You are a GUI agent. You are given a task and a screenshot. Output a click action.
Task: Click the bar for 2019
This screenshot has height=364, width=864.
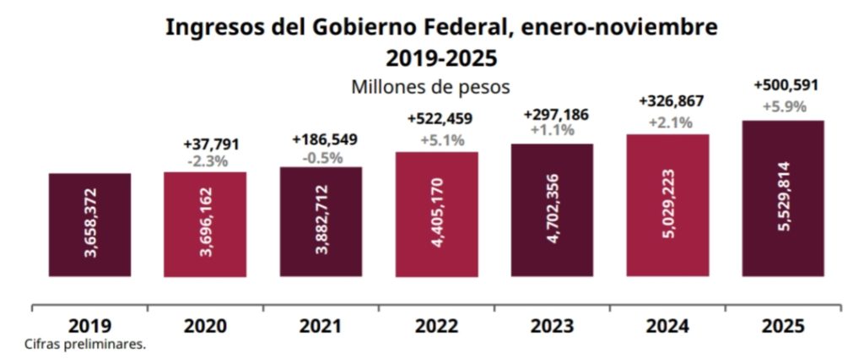click(89, 225)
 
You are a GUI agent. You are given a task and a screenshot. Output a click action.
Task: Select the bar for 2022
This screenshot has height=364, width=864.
click(437, 214)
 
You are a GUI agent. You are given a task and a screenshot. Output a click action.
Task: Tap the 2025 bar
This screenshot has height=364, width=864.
click(783, 198)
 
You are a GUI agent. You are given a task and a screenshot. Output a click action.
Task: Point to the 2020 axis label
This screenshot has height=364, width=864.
click(205, 325)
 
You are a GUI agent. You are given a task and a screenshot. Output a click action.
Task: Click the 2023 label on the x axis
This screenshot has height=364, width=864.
click(552, 325)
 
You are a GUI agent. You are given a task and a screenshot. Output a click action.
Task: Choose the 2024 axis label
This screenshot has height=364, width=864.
click(667, 325)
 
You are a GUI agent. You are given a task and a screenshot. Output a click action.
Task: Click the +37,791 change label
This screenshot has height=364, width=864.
click(205, 142)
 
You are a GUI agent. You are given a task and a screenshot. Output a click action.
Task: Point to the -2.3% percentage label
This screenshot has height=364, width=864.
click(205, 159)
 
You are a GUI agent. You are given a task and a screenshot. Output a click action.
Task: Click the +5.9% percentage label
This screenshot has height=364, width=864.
click(785, 107)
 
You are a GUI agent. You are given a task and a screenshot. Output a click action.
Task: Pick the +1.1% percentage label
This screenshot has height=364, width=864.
click(553, 130)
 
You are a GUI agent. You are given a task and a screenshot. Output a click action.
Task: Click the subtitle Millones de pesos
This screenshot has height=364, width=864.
click(432, 86)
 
